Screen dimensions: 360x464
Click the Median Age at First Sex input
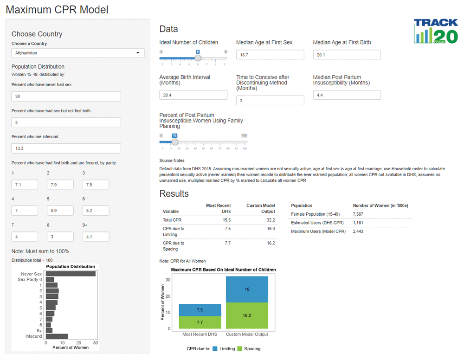click(270, 55)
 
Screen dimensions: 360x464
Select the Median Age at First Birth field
click(347, 55)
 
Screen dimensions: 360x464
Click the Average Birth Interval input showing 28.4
click(193, 95)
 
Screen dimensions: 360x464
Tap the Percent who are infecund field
click(66, 148)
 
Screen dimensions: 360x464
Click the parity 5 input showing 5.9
click(60, 211)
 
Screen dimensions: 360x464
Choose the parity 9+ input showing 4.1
click(96, 237)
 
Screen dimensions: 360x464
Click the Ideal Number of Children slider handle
click(198, 58)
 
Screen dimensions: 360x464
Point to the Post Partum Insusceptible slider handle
click(174, 142)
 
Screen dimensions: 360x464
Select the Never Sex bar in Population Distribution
click(70, 274)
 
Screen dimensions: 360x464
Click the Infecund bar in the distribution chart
click(57, 336)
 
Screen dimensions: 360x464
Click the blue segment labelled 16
click(247, 289)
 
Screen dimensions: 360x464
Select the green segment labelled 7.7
click(200, 322)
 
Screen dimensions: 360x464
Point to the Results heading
click(174, 193)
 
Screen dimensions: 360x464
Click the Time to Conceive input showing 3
click(270, 101)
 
